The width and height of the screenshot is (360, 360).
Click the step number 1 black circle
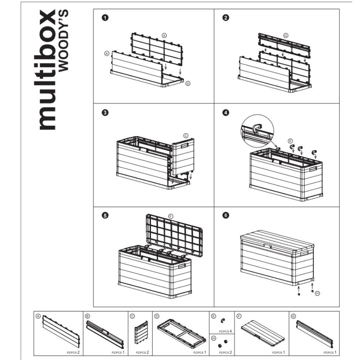pyautogui.click(x=105, y=18)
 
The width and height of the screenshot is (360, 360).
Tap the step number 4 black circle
pyautogui.click(x=226, y=112)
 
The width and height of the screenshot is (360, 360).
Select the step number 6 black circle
pyautogui.click(x=226, y=215)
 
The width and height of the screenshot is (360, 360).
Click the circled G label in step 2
pyautogui.click(x=286, y=36)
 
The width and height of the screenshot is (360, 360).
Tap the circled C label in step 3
pyautogui.click(x=186, y=136)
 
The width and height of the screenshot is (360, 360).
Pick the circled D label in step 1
pyautogui.click(x=188, y=84)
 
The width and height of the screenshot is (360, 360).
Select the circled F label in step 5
pyautogui.click(x=171, y=216)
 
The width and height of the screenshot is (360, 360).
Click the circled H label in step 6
pyautogui.click(x=318, y=293)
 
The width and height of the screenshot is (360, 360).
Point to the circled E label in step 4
pyautogui.click(x=290, y=141)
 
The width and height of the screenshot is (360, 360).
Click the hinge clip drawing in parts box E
pyautogui.click(x=222, y=320)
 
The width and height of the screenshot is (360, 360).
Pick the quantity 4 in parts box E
pyautogui.click(x=230, y=331)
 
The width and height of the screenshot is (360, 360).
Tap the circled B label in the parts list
pyautogui.click(x=87, y=316)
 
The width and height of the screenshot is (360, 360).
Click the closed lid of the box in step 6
pyautogui.click(x=277, y=241)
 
